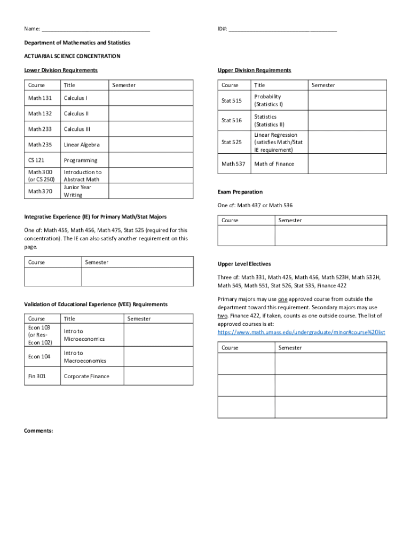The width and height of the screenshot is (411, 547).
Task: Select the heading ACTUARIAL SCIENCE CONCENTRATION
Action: (x=72, y=56)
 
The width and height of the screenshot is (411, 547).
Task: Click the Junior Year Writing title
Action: (x=77, y=191)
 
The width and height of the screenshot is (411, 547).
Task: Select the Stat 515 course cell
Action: (x=232, y=100)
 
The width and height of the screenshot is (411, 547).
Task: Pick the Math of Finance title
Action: (x=274, y=164)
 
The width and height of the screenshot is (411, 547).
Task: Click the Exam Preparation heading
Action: (x=240, y=192)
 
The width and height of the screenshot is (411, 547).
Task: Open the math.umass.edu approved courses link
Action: (x=301, y=332)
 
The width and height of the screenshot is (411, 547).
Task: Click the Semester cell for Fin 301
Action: (x=158, y=376)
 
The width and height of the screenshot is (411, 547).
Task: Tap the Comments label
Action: (x=38, y=430)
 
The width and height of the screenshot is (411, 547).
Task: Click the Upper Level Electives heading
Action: (x=244, y=264)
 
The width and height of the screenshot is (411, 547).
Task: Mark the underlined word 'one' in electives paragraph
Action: (x=283, y=299)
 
